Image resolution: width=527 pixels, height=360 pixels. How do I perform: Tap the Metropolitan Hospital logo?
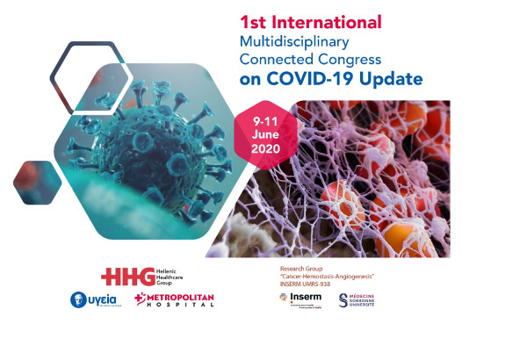[x=174, y=301]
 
